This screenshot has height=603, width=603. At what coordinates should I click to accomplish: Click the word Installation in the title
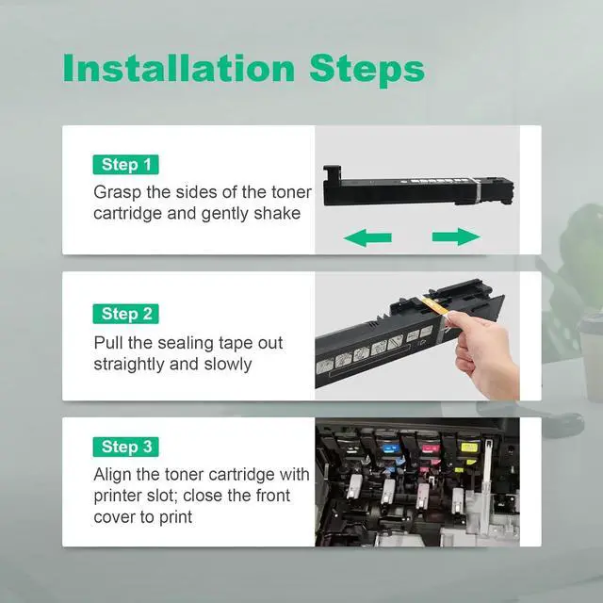(179, 68)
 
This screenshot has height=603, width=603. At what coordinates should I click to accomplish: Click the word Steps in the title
(367, 71)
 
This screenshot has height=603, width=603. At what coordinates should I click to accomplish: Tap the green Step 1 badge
(125, 165)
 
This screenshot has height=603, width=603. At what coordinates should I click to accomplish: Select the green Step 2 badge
(125, 314)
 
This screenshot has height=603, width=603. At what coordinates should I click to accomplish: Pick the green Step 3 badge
(125, 447)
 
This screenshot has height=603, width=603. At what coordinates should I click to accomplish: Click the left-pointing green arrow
(367, 237)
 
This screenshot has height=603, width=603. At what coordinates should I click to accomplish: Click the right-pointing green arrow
(456, 236)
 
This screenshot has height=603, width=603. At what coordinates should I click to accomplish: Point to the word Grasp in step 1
(117, 192)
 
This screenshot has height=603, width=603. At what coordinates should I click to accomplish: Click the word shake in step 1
(277, 214)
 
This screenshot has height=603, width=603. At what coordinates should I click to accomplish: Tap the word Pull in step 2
(108, 343)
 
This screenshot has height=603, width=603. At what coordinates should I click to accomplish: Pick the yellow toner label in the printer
(469, 448)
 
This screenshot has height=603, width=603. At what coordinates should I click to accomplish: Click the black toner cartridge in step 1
(418, 187)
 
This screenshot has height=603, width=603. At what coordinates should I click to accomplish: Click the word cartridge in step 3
(236, 475)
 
